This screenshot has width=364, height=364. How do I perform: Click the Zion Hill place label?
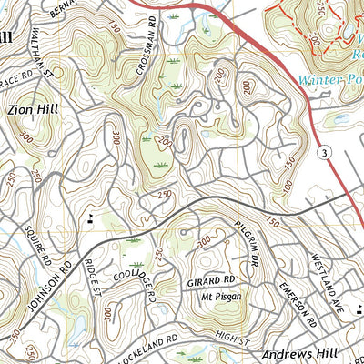[x=34, y=108]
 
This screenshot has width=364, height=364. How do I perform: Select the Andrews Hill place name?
[x=298, y=353]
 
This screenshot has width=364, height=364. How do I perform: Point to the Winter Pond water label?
[x=330, y=79]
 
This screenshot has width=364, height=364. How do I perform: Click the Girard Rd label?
[x=217, y=281]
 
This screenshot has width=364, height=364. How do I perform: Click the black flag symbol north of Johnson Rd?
[x=91, y=217]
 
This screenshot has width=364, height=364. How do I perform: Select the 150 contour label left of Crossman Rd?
[x=114, y=28]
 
